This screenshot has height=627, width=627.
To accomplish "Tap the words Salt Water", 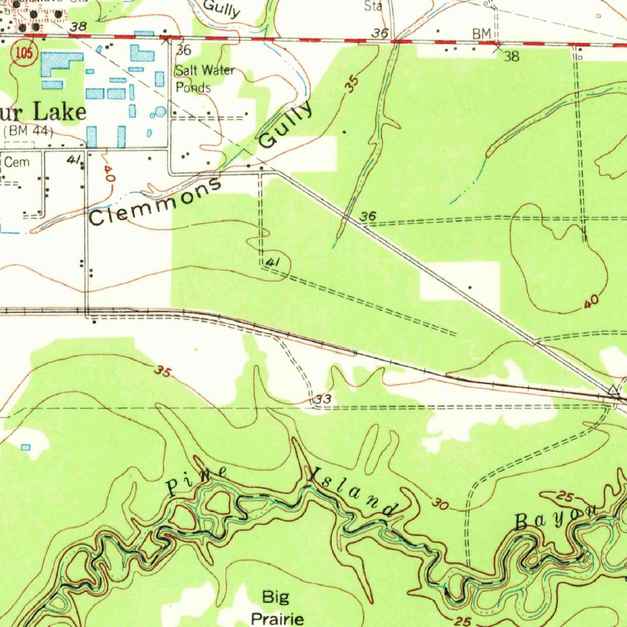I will pyautogui.click(x=205, y=70).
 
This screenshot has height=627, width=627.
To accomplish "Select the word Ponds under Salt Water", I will pyautogui.click(x=193, y=87).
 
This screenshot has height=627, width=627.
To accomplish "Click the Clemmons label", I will pyautogui.click(x=156, y=203).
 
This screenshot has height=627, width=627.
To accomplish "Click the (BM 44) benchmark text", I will pyautogui.click(x=28, y=131).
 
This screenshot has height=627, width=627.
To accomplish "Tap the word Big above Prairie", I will pyautogui.click(x=276, y=596).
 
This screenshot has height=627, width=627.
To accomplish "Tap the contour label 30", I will pyautogui.click(x=440, y=504).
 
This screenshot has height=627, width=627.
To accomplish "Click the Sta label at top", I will pyautogui.click(x=373, y=6).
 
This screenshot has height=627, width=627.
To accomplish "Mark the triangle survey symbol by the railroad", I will pyautogui.click(x=613, y=390).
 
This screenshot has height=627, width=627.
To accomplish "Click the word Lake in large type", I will pyautogui.click(x=59, y=112).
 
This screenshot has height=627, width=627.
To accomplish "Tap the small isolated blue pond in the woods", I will pyautogui.click(x=26, y=448).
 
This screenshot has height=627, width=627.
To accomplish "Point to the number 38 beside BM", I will pyautogui.click(x=511, y=56).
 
